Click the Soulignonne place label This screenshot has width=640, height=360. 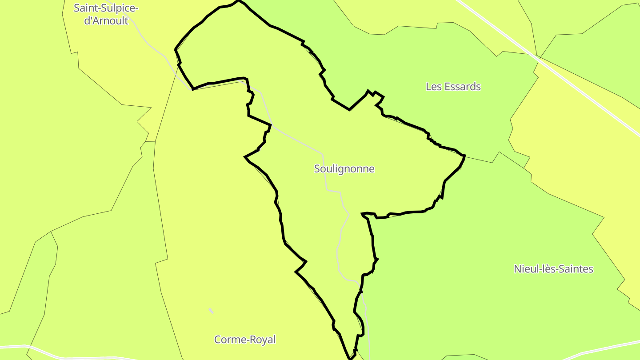click(344, 169)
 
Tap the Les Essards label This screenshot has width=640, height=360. click(453, 87)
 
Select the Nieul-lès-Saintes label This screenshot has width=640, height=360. click(553, 269)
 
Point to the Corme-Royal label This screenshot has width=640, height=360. click(245, 340)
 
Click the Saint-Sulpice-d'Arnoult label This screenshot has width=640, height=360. click(106, 14)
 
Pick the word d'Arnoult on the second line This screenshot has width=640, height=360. click(106, 20)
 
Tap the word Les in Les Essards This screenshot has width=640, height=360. click(433, 87)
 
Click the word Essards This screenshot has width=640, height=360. click(462, 87)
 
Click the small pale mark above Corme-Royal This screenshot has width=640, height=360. click(211, 311)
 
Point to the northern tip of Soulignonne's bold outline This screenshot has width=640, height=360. click(238, 1)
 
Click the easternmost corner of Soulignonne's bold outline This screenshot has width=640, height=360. click(464, 156)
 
